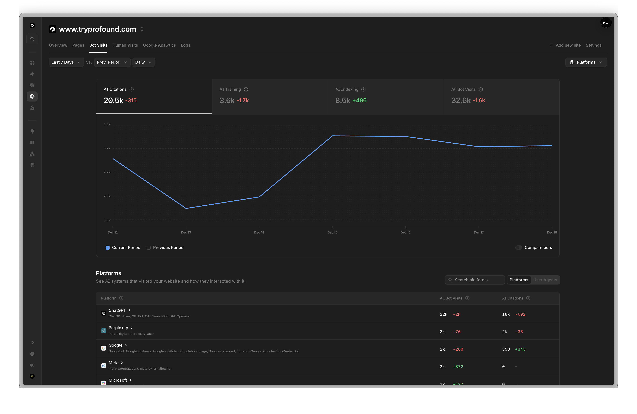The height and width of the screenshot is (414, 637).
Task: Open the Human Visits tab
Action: pyautogui.click(x=125, y=45)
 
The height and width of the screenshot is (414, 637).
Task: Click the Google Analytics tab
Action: pyautogui.click(x=159, y=45)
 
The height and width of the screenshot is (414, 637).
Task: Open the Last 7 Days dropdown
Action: pyautogui.click(x=66, y=62)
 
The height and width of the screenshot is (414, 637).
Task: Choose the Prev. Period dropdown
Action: pyautogui.click(x=112, y=62)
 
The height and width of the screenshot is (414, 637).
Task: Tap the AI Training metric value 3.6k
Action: pyautogui.click(x=227, y=100)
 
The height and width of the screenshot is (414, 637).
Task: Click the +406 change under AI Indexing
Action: pyautogui.click(x=360, y=100)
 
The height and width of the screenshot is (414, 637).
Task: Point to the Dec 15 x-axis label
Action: pyautogui.click(x=332, y=232)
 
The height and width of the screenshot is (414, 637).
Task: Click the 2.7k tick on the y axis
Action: pyautogui.click(x=107, y=172)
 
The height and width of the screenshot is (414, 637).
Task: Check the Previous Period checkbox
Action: pyautogui.click(x=149, y=248)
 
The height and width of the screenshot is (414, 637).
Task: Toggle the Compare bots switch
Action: pyautogui.click(x=518, y=248)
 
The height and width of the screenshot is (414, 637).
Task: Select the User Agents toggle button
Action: pyautogui.click(x=545, y=280)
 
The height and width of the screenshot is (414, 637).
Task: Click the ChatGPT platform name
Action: pyautogui.click(x=117, y=310)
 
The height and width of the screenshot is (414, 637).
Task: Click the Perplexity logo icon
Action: pyautogui.click(x=104, y=331)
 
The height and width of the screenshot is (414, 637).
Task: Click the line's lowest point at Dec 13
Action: pyautogui.click(x=186, y=208)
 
